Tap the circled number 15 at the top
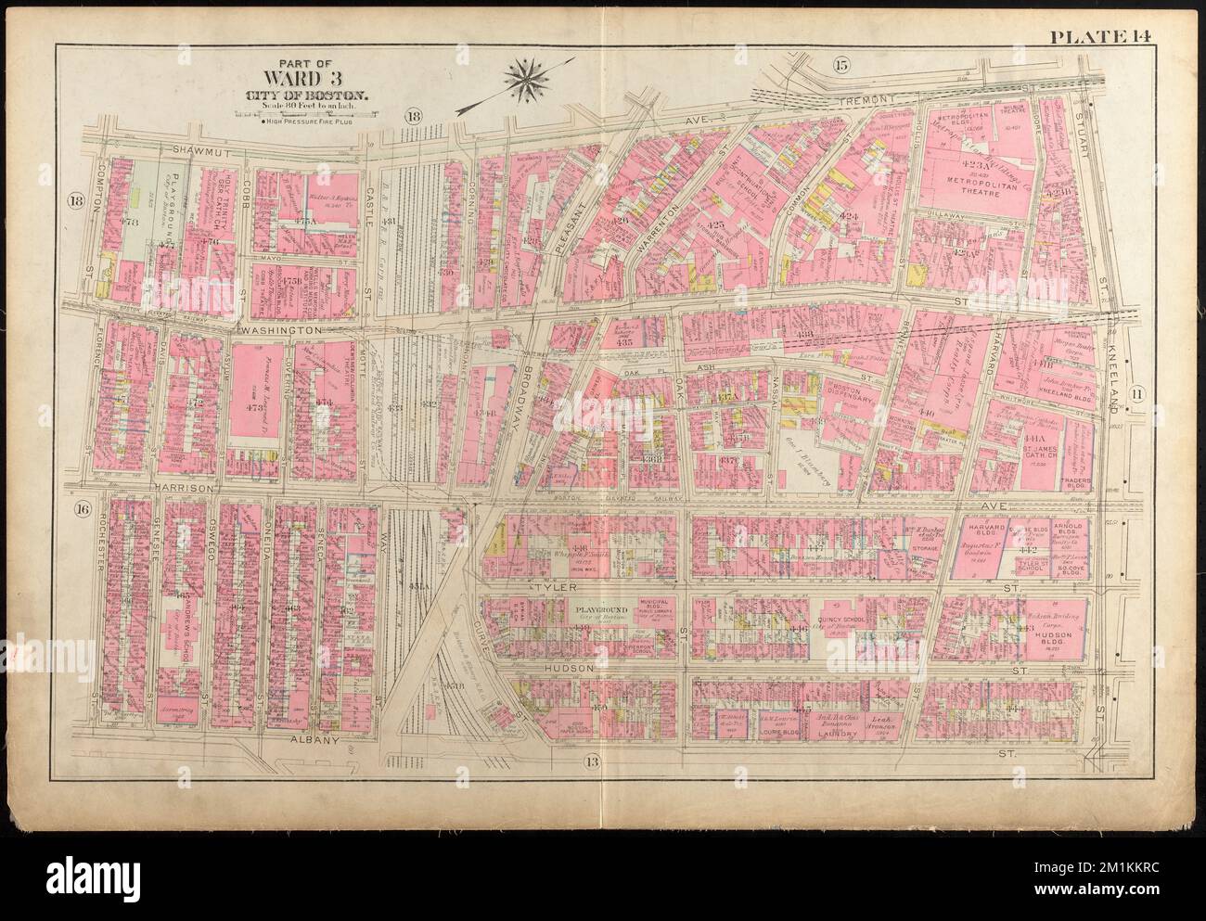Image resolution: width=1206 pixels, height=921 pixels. tap(840, 65)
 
